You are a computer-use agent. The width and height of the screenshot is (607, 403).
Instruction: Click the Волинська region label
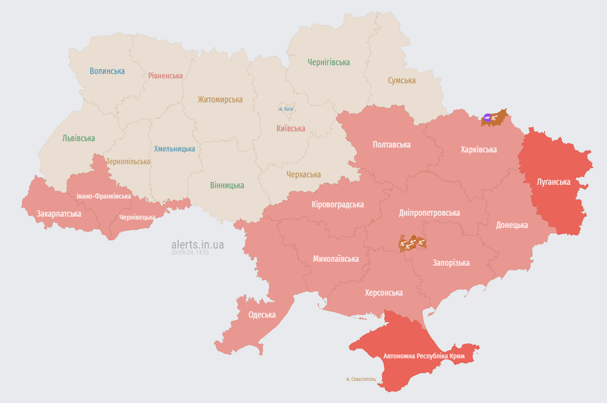click(107, 71)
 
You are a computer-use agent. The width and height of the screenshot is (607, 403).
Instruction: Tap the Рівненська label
click(165, 76)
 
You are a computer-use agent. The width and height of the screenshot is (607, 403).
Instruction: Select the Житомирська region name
click(220, 100)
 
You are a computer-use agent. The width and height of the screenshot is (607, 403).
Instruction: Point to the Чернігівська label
click(329, 62)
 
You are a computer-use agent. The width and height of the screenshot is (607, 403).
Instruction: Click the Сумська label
click(402, 80)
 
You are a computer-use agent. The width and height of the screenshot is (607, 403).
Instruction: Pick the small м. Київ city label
click(286, 109)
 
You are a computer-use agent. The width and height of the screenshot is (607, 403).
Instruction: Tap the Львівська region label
click(78, 138)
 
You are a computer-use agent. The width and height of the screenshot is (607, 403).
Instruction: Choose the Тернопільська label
click(128, 161)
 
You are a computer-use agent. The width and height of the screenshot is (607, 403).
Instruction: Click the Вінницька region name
click(227, 185)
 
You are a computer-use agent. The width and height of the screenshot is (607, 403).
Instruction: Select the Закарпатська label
click(59, 214)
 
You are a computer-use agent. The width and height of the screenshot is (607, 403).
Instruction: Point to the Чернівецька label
click(137, 217)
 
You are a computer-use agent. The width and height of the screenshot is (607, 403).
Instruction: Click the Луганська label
click(554, 182)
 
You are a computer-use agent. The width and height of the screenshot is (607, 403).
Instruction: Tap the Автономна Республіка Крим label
click(424, 356)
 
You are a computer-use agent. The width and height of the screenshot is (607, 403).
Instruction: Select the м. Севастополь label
click(360, 379)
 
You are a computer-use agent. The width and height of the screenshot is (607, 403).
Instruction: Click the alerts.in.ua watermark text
click(198, 244)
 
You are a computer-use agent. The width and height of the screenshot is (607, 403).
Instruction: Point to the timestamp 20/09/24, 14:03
click(190, 252)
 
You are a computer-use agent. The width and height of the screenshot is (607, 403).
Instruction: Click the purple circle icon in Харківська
click(487, 117)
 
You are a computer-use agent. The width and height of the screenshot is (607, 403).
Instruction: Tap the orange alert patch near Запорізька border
click(412, 242)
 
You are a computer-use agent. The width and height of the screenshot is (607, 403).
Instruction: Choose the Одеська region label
click(262, 315)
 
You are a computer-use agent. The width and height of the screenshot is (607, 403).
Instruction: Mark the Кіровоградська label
click(337, 204)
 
